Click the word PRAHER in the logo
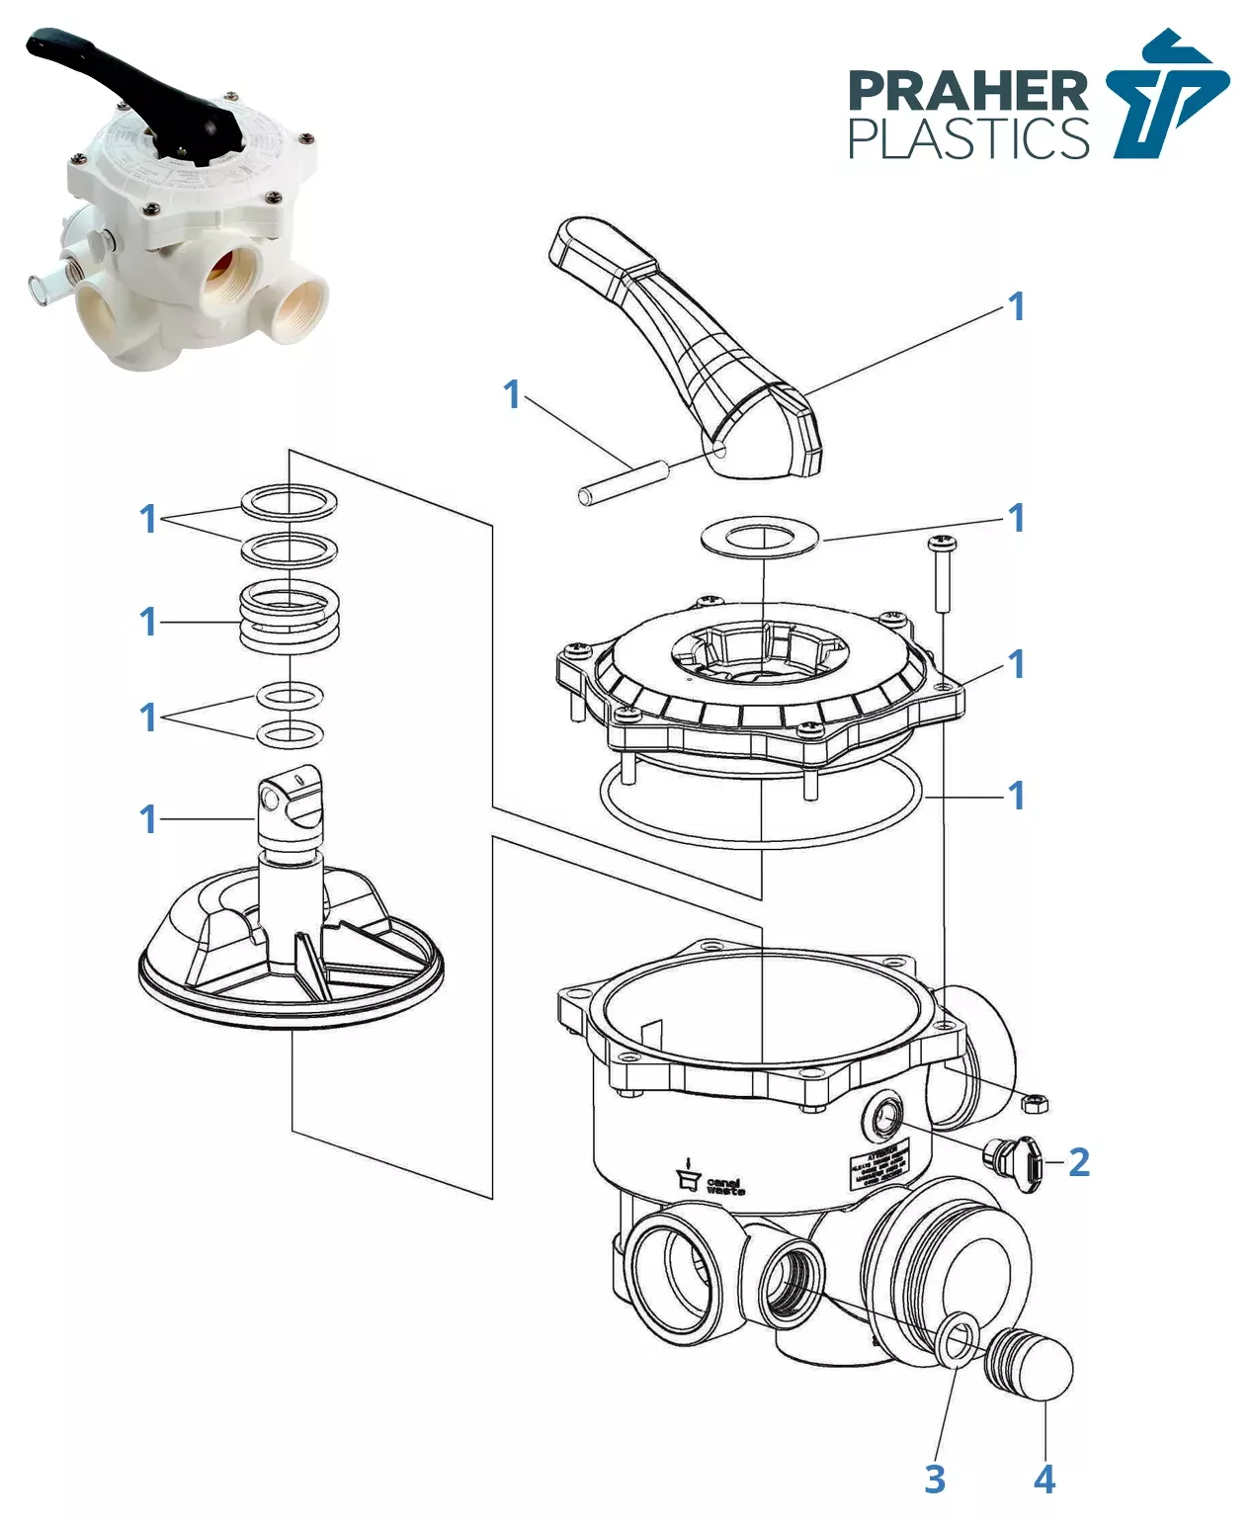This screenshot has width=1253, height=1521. [967, 91]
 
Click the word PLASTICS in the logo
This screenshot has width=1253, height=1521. [967, 138]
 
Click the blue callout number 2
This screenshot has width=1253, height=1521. [1079, 1162]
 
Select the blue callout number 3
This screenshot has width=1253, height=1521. [935, 1479]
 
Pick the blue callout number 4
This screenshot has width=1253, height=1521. [1044, 1479]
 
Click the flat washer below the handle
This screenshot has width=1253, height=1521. [760, 537]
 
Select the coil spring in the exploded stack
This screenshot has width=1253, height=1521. [290, 618]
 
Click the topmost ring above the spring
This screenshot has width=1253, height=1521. [290, 501]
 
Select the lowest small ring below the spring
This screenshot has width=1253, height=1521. [291, 734]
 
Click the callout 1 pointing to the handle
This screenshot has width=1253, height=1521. [1016, 306]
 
